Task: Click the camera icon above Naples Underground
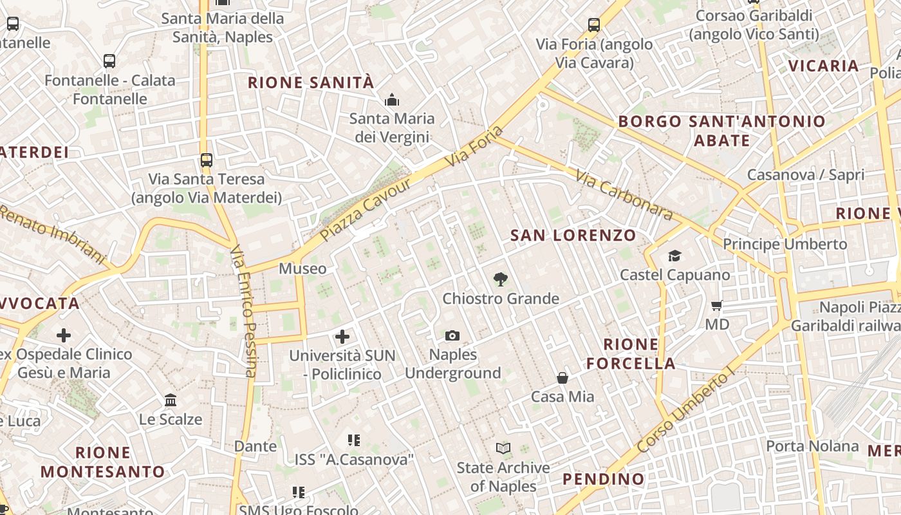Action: (x=452, y=335)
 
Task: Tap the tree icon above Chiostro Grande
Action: (x=500, y=279)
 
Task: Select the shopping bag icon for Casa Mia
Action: (x=562, y=378)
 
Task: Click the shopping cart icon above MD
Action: (x=717, y=305)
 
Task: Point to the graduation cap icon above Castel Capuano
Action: (x=674, y=256)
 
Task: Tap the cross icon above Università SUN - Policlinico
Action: (x=342, y=336)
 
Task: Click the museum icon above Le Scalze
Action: (x=171, y=400)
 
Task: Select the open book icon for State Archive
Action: (x=503, y=448)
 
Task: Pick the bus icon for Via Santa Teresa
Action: (x=206, y=160)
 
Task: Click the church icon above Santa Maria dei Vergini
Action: (x=391, y=100)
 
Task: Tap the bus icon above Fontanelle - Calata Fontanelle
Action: (x=109, y=61)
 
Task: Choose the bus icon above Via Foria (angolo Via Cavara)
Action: (x=594, y=25)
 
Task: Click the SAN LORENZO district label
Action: (x=573, y=236)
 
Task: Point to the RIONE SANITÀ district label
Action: (x=311, y=82)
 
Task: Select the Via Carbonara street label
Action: (x=624, y=194)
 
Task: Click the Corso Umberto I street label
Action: (x=685, y=411)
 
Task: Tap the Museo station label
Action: (x=302, y=268)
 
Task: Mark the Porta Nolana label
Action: (x=812, y=446)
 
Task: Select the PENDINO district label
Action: (x=604, y=479)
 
